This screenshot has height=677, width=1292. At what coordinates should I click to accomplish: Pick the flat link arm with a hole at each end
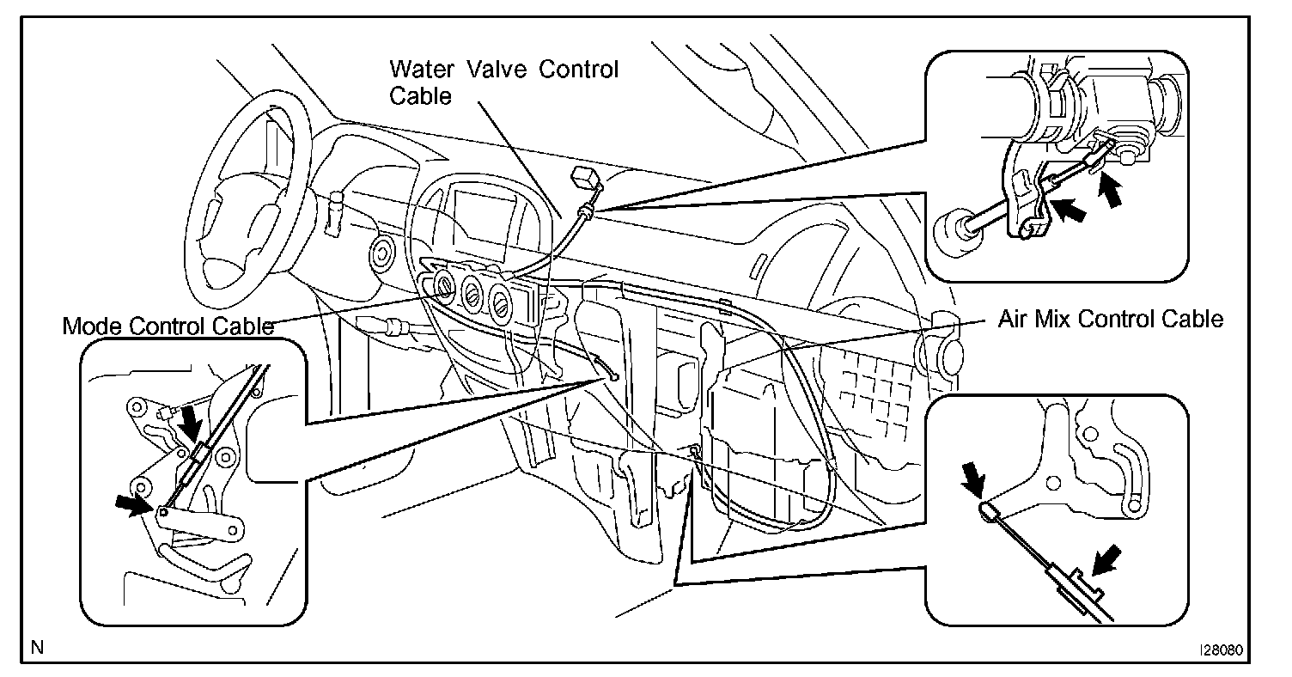point(198,529)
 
